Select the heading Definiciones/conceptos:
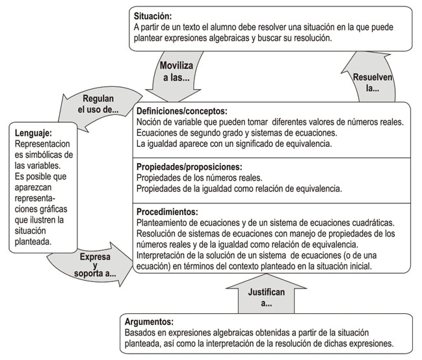[x=183, y=110]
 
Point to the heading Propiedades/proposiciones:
[x=187, y=166]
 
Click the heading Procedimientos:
[x=167, y=212]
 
